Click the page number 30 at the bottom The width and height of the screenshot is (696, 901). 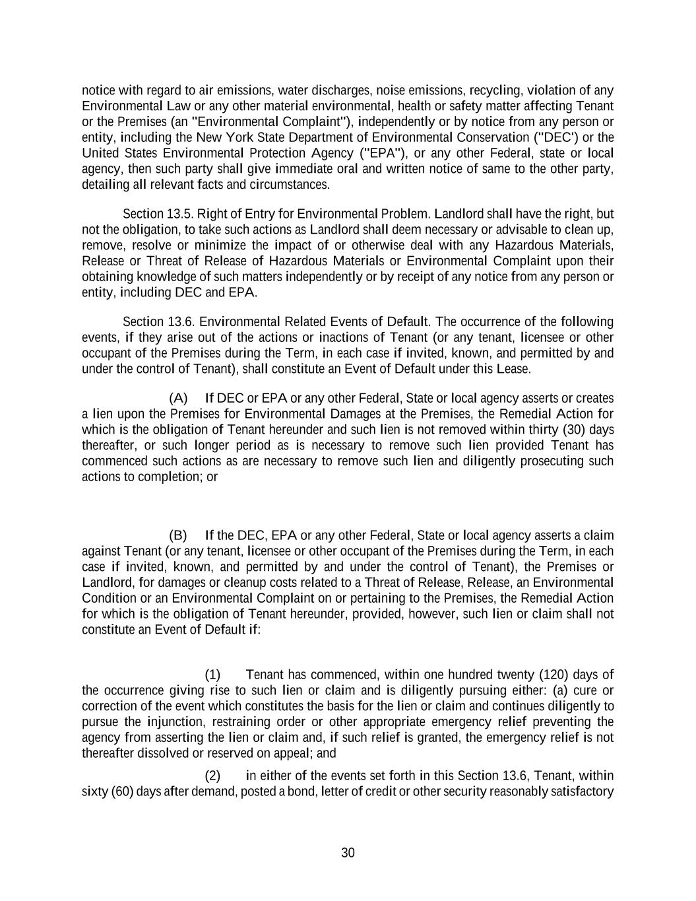coord(348,853)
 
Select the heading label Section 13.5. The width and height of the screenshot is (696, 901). coord(158,214)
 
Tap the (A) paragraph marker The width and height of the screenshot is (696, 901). coord(178,398)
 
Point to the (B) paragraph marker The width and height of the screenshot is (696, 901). coord(178,535)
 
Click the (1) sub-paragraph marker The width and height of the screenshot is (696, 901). coord(212,675)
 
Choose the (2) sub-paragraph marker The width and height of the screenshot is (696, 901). coord(212,776)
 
